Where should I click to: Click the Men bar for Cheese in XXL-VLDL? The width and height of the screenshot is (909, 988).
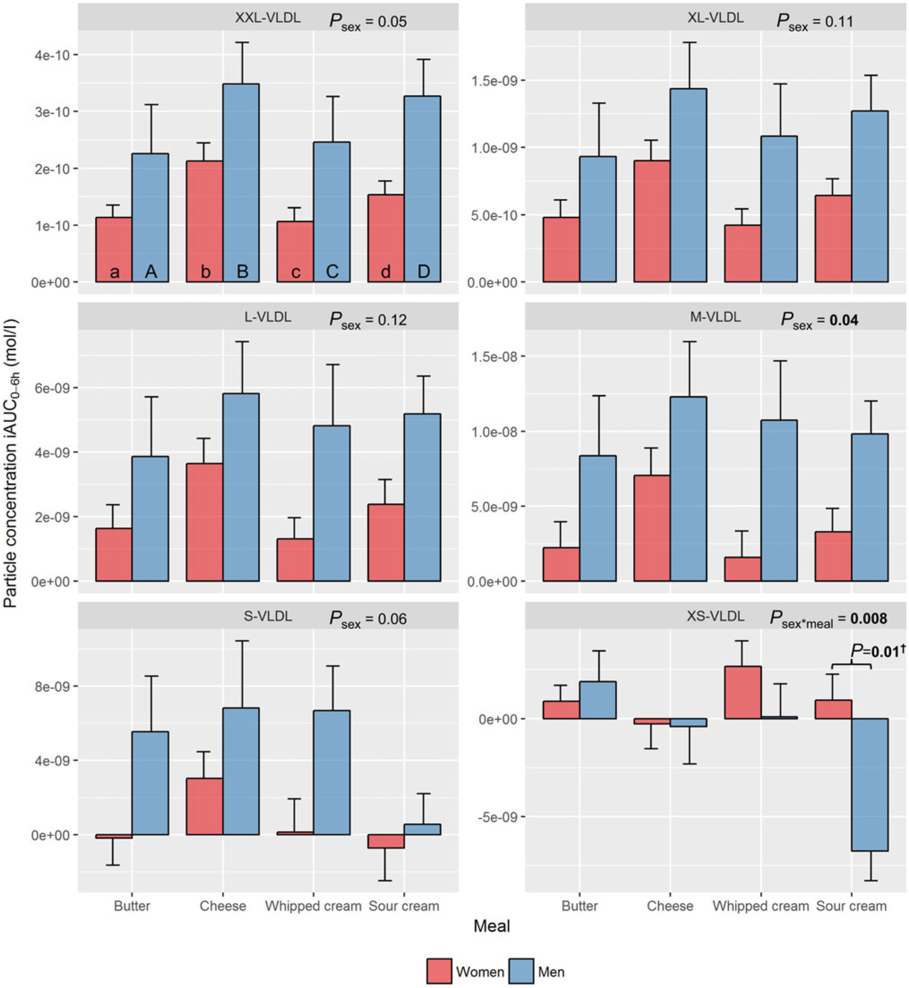241,183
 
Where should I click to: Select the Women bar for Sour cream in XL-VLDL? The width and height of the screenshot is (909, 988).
833,238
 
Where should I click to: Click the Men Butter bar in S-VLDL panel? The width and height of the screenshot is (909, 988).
150,783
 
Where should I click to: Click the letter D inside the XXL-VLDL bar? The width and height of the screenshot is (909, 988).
423,272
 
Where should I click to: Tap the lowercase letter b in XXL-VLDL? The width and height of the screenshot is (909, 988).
205,272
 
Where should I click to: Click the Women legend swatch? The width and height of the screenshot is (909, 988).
439,971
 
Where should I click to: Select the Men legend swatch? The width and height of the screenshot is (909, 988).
521,971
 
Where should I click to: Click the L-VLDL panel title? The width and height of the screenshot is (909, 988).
268,317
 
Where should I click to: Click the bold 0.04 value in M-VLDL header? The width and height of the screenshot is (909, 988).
844,320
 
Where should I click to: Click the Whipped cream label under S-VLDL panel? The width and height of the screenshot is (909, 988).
313,906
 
